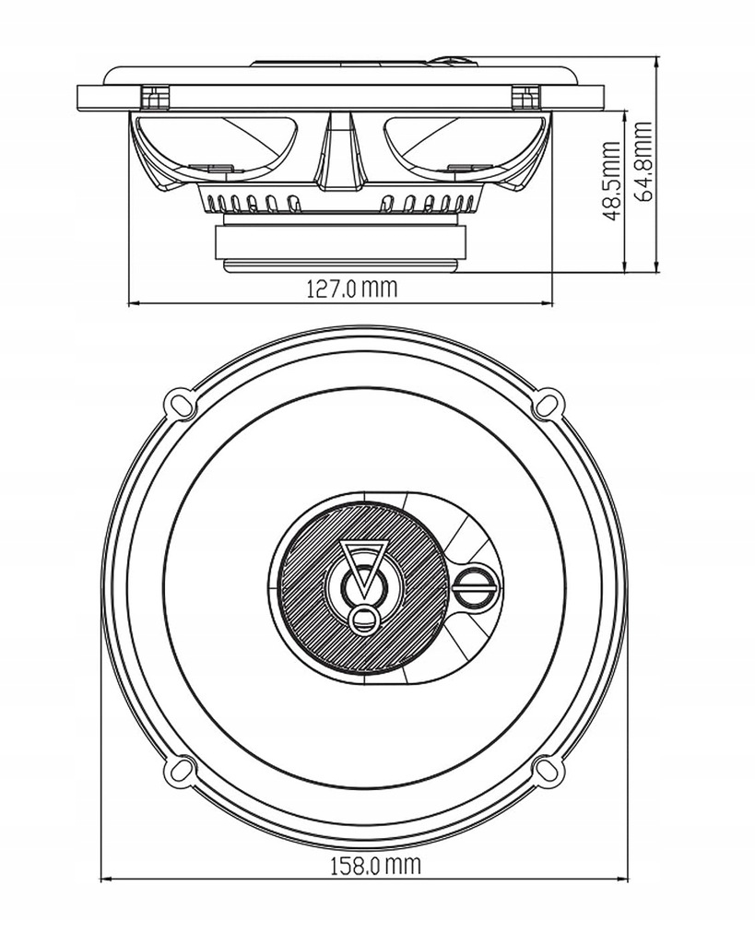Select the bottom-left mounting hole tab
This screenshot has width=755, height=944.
[179, 771]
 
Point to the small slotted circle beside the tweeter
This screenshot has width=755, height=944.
[477, 585]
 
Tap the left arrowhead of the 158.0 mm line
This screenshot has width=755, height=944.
[104, 879]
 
